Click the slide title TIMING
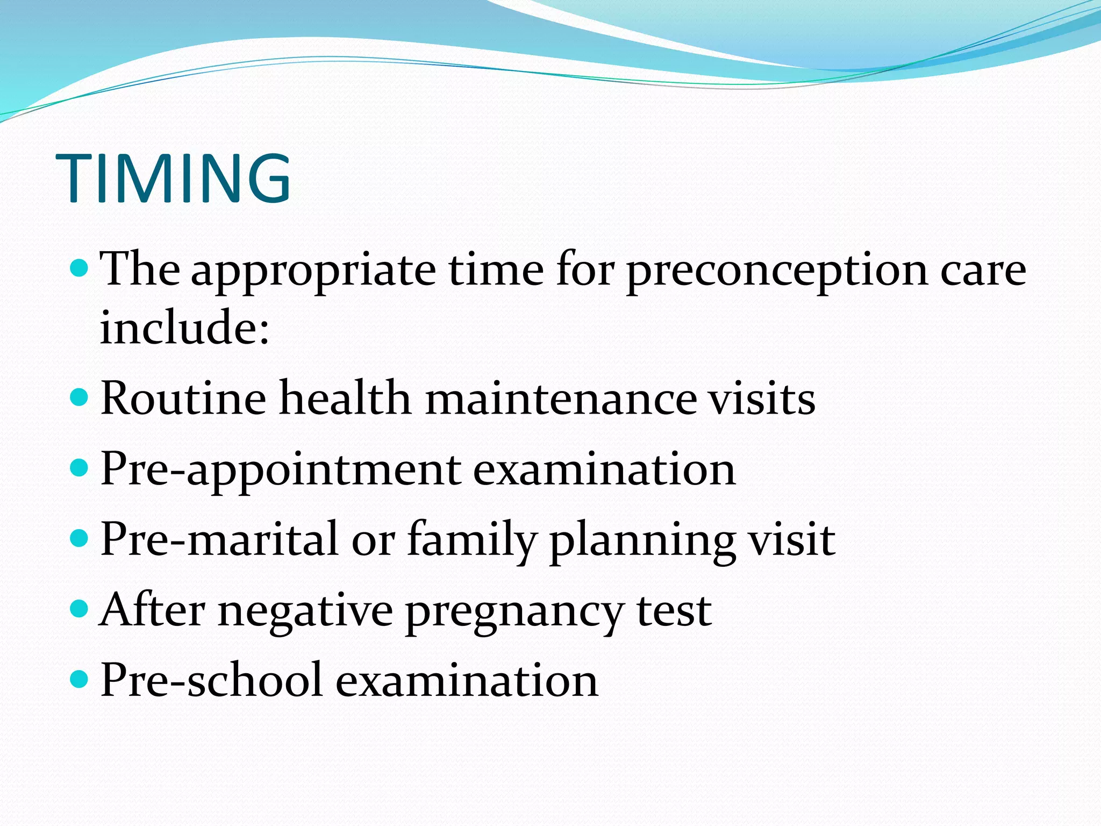(x=173, y=179)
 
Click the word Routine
(x=183, y=398)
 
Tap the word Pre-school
(x=211, y=680)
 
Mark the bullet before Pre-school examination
(x=79, y=679)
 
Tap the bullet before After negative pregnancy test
(x=79, y=609)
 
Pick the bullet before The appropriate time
(x=79, y=267)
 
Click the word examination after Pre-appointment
(x=604, y=469)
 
